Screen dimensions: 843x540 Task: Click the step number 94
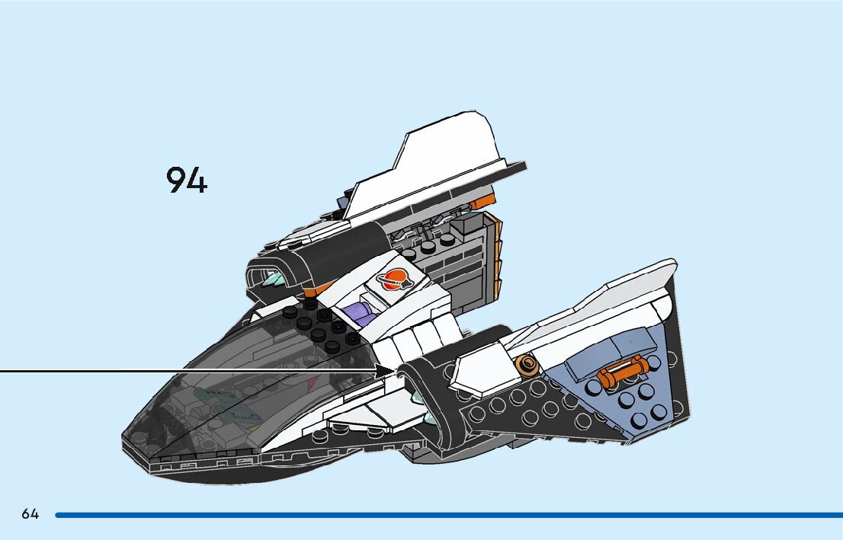[187, 181]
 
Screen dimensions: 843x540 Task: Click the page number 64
[30, 514]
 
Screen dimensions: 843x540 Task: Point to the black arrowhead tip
[393, 370]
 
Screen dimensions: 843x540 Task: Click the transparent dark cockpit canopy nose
[198, 396]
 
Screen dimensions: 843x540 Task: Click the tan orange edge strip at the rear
[496, 259]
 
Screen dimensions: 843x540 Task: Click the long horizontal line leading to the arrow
[191, 371]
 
